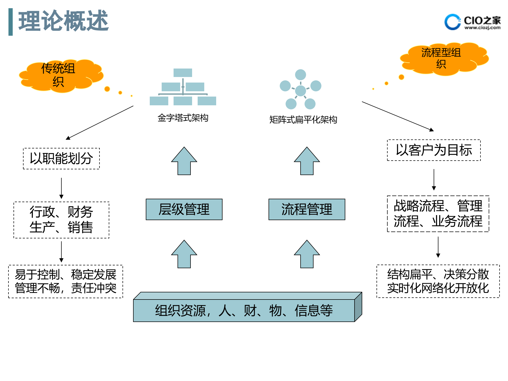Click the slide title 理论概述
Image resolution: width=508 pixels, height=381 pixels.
(x=63, y=21)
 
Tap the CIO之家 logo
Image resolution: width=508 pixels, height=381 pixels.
(x=472, y=22)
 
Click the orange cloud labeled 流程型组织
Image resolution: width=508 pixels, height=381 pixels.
(x=443, y=58)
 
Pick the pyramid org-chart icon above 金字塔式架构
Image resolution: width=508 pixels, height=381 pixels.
(x=183, y=87)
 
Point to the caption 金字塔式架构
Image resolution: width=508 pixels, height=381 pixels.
(x=183, y=118)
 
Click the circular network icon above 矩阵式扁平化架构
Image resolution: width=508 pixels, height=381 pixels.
(x=301, y=89)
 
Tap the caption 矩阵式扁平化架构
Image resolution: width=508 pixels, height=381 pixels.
(x=303, y=120)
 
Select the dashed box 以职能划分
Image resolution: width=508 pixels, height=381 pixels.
(x=61, y=158)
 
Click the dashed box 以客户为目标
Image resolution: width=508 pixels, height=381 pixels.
(x=434, y=150)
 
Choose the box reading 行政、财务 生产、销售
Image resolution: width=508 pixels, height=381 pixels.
(x=61, y=220)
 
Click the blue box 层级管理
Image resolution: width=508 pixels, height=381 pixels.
(x=184, y=209)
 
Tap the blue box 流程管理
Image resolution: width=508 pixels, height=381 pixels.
(x=307, y=209)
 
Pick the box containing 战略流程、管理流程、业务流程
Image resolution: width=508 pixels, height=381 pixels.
(x=438, y=214)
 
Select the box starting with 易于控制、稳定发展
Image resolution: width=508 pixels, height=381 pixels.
(x=66, y=282)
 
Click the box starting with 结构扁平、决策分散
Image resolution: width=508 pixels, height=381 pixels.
(x=438, y=281)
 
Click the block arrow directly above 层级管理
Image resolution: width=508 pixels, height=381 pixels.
(x=184, y=161)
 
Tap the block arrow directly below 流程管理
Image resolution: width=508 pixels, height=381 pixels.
(x=307, y=255)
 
